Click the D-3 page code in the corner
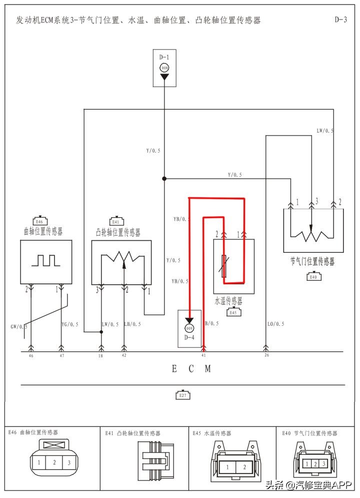[340, 20]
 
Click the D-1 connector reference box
[164, 68]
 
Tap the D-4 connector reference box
[189, 329]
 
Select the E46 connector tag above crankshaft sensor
[40, 221]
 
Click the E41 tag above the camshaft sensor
[116, 221]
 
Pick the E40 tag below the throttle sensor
[313, 276]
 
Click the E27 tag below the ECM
[183, 395]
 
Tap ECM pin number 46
[31, 355]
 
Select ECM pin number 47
[61, 355]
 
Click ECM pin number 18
[101, 355]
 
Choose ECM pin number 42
[124, 355]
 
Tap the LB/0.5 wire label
[132, 324]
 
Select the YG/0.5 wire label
[70, 324]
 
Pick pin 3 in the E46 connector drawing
[68, 462]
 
